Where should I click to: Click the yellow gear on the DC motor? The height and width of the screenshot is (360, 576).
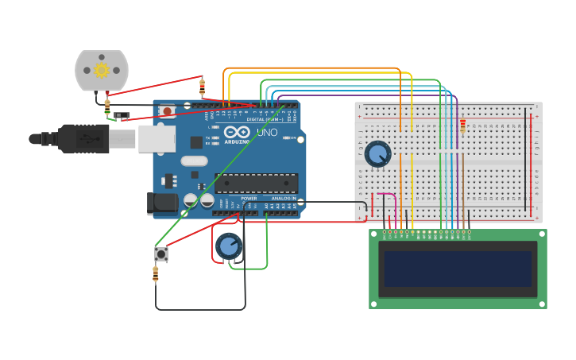[x=101, y=70]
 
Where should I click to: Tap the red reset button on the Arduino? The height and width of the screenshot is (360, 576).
[x=167, y=111]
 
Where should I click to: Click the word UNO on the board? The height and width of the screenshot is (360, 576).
[x=268, y=132]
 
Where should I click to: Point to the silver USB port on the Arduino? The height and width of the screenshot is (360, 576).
[x=157, y=138]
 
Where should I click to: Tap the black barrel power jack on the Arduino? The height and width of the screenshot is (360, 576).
[x=163, y=203]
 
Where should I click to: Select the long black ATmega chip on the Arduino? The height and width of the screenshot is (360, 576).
[x=256, y=183]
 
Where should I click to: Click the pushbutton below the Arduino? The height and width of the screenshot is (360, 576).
[x=161, y=254]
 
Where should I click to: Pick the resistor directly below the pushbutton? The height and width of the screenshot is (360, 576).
[x=155, y=274]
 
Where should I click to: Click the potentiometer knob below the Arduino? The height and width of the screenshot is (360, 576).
[x=229, y=246]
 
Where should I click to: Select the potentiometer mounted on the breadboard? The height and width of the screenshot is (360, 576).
[x=378, y=154]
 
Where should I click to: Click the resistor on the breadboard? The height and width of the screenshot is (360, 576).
[x=462, y=126]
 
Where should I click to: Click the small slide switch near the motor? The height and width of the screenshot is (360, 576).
[x=121, y=116]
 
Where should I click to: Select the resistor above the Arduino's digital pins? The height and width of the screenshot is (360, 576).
[x=202, y=87]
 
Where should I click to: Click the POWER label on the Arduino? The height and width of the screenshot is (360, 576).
[x=249, y=199]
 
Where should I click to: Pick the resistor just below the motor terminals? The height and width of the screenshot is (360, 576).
[x=107, y=106]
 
